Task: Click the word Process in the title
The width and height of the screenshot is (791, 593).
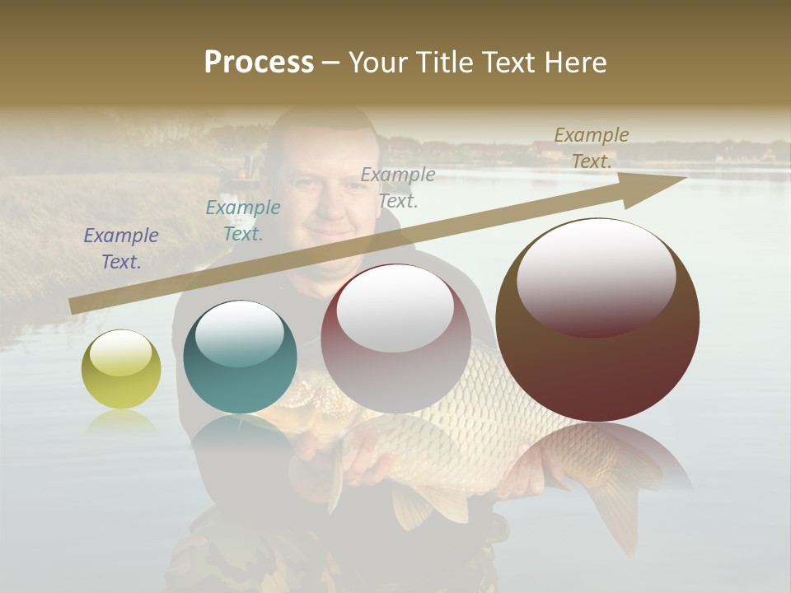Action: (x=259, y=62)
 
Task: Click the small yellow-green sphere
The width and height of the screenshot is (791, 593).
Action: (x=121, y=369)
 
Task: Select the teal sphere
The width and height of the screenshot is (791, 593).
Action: (x=240, y=357)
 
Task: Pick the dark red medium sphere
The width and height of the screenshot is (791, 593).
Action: (x=395, y=339)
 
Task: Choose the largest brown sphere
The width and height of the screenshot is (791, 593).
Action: (x=597, y=320)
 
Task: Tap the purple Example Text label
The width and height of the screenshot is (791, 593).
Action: (x=121, y=249)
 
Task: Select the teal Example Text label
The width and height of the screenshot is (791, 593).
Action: (x=242, y=220)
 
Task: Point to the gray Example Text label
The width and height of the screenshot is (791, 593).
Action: (x=398, y=187)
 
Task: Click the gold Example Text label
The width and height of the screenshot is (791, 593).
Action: (x=591, y=147)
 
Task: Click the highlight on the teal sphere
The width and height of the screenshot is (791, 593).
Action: (x=240, y=331)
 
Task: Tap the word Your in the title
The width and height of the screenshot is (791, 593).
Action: (x=377, y=62)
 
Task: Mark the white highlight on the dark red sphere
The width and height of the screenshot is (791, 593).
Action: (x=395, y=306)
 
